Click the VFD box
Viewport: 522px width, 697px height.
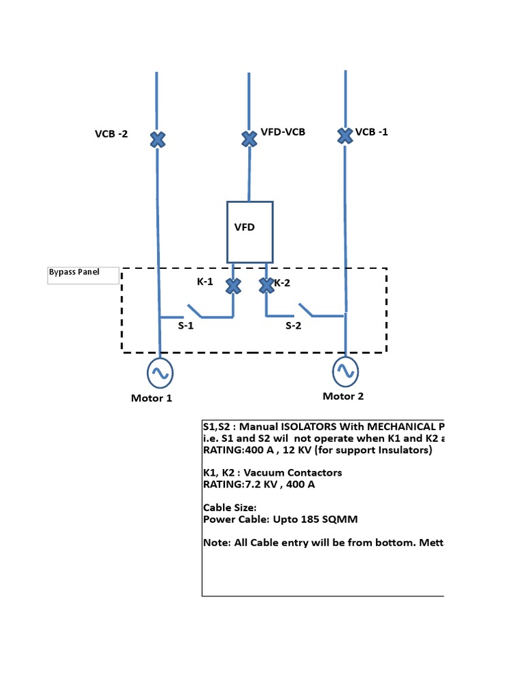coord(249,231)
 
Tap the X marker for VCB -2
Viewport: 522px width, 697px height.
coord(157,140)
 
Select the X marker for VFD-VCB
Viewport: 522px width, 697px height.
coord(249,139)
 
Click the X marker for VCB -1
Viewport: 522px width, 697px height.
coord(345,135)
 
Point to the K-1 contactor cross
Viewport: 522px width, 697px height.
coord(233,286)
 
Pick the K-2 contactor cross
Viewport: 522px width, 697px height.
coord(266,286)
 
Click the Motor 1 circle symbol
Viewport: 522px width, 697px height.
coord(160,372)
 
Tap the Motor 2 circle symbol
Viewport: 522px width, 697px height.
coord(345,370)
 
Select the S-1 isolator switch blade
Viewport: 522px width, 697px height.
coord(193,311)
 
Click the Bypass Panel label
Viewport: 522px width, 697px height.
coord(74,272)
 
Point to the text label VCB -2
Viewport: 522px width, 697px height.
coord(111,134)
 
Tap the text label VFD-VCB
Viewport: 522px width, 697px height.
coord(283,131)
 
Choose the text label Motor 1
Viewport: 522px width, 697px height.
coord(152,398)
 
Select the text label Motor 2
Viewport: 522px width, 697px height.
coord(343,396)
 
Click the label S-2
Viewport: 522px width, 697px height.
coord(293,326)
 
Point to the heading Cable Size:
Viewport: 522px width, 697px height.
coord(230,508)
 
